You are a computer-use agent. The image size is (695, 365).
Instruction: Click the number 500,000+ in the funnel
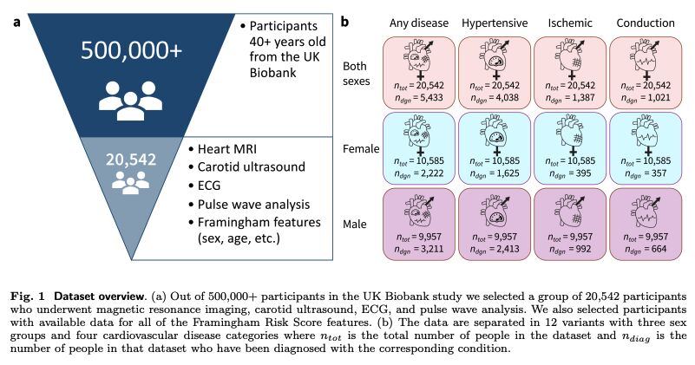[x=131, y=50]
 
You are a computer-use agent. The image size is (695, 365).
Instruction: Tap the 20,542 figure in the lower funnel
[x=131, y=160]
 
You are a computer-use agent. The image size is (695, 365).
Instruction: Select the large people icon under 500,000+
[x=130, y=101]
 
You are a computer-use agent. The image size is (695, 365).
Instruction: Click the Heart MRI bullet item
[x=222, y=149]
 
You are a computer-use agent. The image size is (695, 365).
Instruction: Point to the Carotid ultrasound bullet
[x=247, y=167]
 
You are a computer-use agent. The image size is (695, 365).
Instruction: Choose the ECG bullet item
[x=204, y=186]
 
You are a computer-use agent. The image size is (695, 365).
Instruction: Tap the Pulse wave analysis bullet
[x=249, y=205]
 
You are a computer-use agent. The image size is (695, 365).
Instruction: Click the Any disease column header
[x=419, y=23]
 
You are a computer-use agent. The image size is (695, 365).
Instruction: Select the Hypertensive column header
[x=495, y=23]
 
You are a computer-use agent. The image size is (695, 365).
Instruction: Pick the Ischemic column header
[x=570, y=23]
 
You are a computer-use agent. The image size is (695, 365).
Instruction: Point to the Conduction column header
[x=646, y=23]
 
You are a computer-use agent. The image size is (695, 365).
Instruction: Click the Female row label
[x=361, y=149]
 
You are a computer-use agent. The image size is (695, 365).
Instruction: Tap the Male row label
[x=355, y=225]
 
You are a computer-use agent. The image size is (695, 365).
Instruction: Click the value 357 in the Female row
[x=658, y=173]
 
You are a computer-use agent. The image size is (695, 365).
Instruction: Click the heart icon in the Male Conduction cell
[x=645, y=212]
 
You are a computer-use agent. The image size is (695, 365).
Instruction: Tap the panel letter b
[x=344, y=23]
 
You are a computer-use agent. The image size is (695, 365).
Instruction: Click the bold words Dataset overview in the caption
[x=100, y=296]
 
